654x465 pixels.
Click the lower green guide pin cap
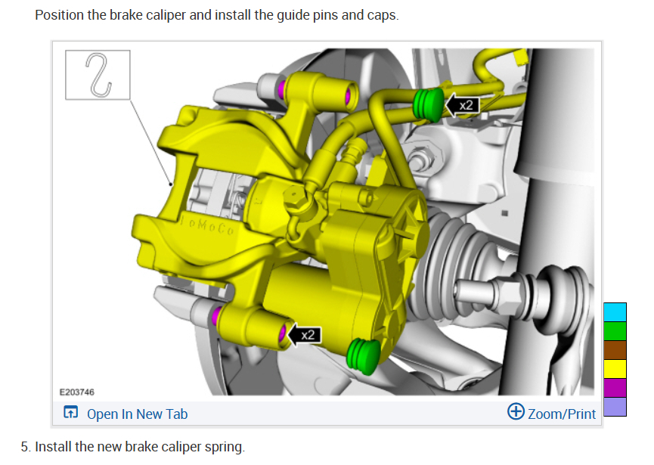pos(364,356)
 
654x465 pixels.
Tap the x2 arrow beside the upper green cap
pos(462,104)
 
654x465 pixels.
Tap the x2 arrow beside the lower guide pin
pos(305,335)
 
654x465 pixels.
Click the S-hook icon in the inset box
pos(98,75)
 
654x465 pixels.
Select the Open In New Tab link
pos(137,414)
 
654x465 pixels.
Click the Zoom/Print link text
pos(562,414)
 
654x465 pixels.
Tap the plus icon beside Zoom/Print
pos(516,411)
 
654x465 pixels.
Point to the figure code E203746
pos(77,392)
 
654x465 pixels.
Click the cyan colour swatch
pos(615,312)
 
